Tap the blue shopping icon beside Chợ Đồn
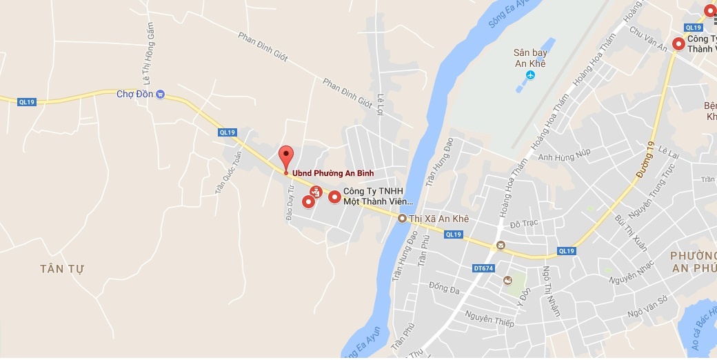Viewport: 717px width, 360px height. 160,94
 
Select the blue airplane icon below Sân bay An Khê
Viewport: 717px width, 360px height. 530,74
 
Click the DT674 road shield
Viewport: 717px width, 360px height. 483,268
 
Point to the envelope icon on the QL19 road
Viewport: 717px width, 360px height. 501,246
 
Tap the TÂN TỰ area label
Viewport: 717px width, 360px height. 61,269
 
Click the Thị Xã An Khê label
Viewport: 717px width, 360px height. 438,219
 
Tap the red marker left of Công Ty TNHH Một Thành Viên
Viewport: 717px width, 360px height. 334,197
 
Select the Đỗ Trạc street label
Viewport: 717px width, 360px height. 523,225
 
